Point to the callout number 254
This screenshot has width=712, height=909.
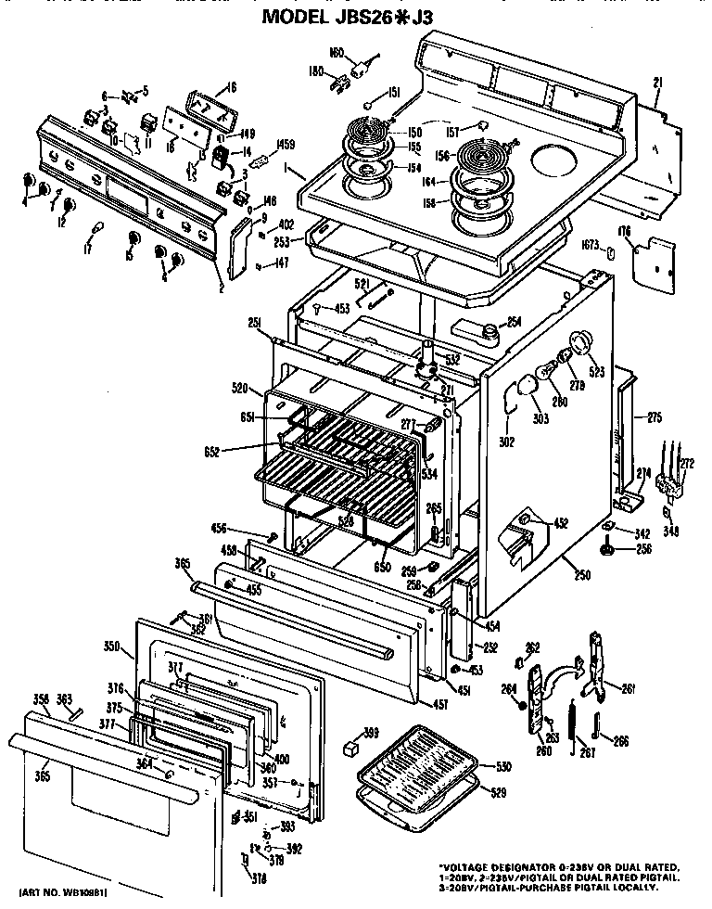(513, 322)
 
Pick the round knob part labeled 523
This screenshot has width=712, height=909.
(582, 341)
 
